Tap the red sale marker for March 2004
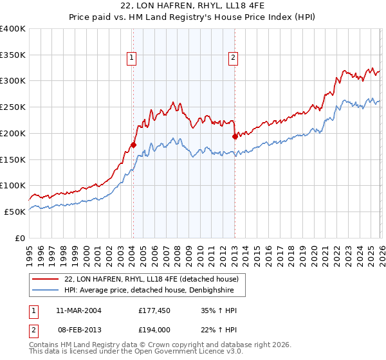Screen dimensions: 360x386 [x=134, y=145]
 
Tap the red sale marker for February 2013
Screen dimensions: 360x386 [x=235, y=136]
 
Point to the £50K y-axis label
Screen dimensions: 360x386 [x=15, y=212]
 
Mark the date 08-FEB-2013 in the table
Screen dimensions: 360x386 [x=77, y=330]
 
